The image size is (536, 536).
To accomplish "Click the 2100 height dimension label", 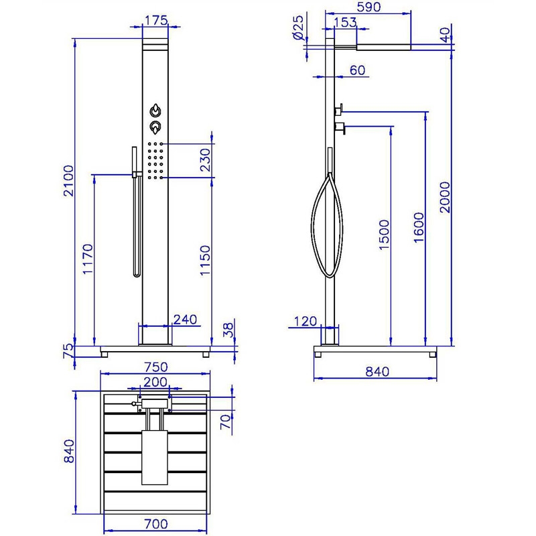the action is point(69,181).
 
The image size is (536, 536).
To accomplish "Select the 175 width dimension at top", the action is point(156,21).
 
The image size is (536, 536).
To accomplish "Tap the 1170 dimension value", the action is point(88,259).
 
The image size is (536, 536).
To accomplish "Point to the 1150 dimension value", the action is point(205,260).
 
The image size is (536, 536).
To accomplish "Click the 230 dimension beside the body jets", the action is point(205,159).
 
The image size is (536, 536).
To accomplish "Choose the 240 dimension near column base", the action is point(186,320).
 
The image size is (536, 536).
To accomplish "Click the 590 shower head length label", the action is point(368,7).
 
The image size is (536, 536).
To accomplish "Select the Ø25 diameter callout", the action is point(298,27).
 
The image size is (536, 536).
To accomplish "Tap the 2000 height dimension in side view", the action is point(445,197).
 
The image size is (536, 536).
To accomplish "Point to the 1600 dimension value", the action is point(419,228).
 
